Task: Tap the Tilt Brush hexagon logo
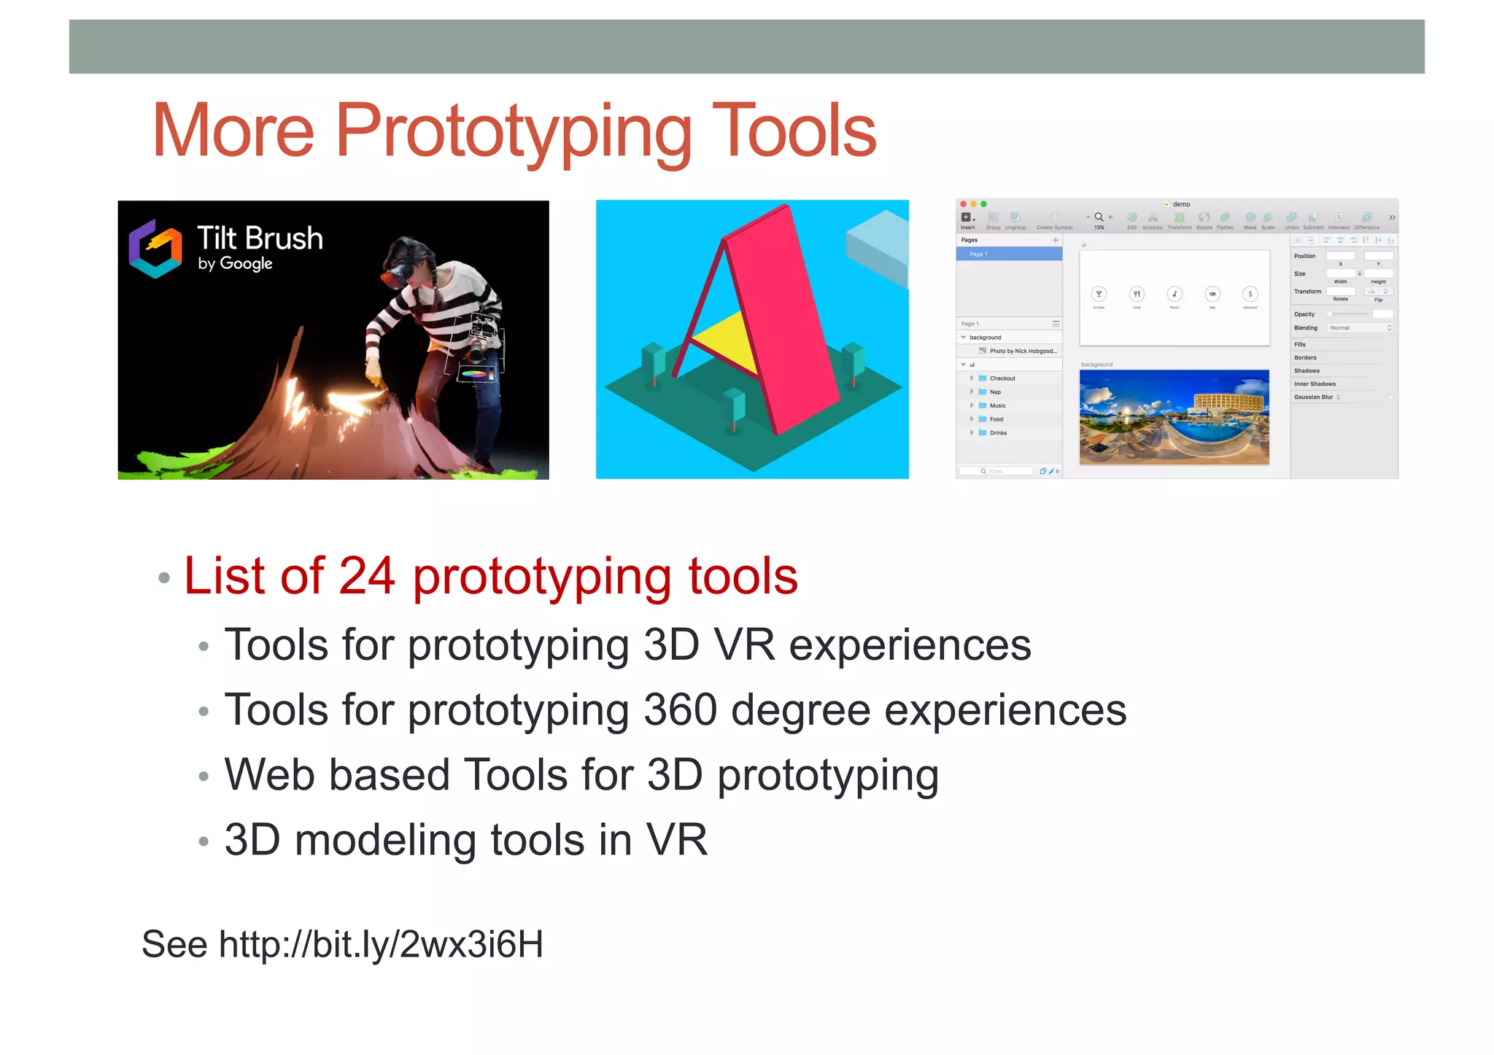pyautogui.click(x=155, y=249)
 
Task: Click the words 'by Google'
pyautogui.click(x=235, y=263)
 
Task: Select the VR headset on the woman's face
pyautogui.click(x=395, y=276)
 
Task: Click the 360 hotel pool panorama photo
pyautogui.click(x=1174, y=417)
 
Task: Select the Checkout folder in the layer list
pyautogui.click(x=1002, y=378)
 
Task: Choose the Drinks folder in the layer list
pyautogui.click(x=997, y=433)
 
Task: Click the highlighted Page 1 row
pyautogui.click(x=1008, y=254)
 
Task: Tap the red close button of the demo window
pyautogui.click(x=964, y=204)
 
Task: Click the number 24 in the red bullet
pyautogui.click(x=367, y=576)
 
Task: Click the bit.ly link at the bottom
pyautogui.click(x=381, y=944)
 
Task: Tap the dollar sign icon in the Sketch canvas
pyautogui.click(x=1250, y=294)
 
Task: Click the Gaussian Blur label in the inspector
pyautogui.click(x=1313, y=397)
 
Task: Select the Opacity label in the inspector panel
pyautogui.click(x=1304, y=314)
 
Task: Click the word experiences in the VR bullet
pyautogui.click(x=910, y=645)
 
